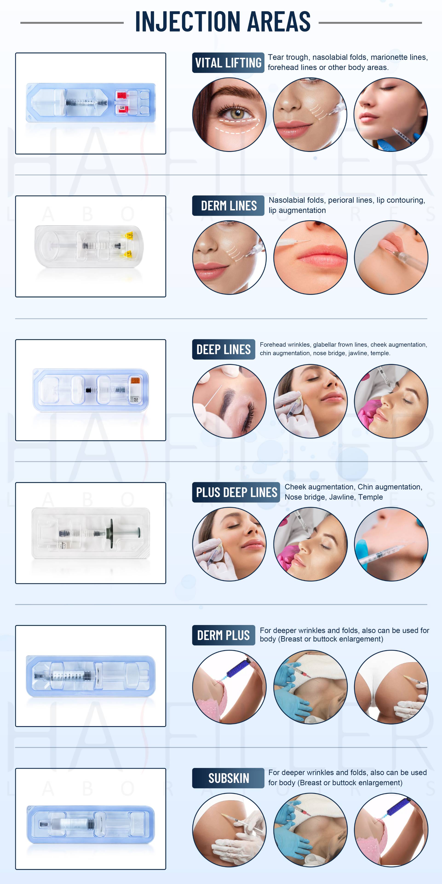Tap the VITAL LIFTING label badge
pyautogui.click(x=228, y=63)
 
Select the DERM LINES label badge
pyautogui.click(x=228, y=206)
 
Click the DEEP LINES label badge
pyautogui.click(x=223, y=350)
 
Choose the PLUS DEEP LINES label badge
pyautogui.click(x=236, y=492)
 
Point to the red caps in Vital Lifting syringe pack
pyautogui.click(x=121, y=102)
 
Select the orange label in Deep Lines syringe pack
pyautogui.click(x=135, y=381)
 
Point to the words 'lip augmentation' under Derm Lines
pyautogui.click(x=297, y=210)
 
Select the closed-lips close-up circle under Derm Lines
pyautogui.click(x=310, y=257)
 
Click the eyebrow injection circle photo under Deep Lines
pyautogui.click(x=229, y=401)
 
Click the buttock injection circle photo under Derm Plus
pyautogui.click(x=391, y=687)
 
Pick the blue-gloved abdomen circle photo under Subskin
pyautogui.click(x=310, y=830)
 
